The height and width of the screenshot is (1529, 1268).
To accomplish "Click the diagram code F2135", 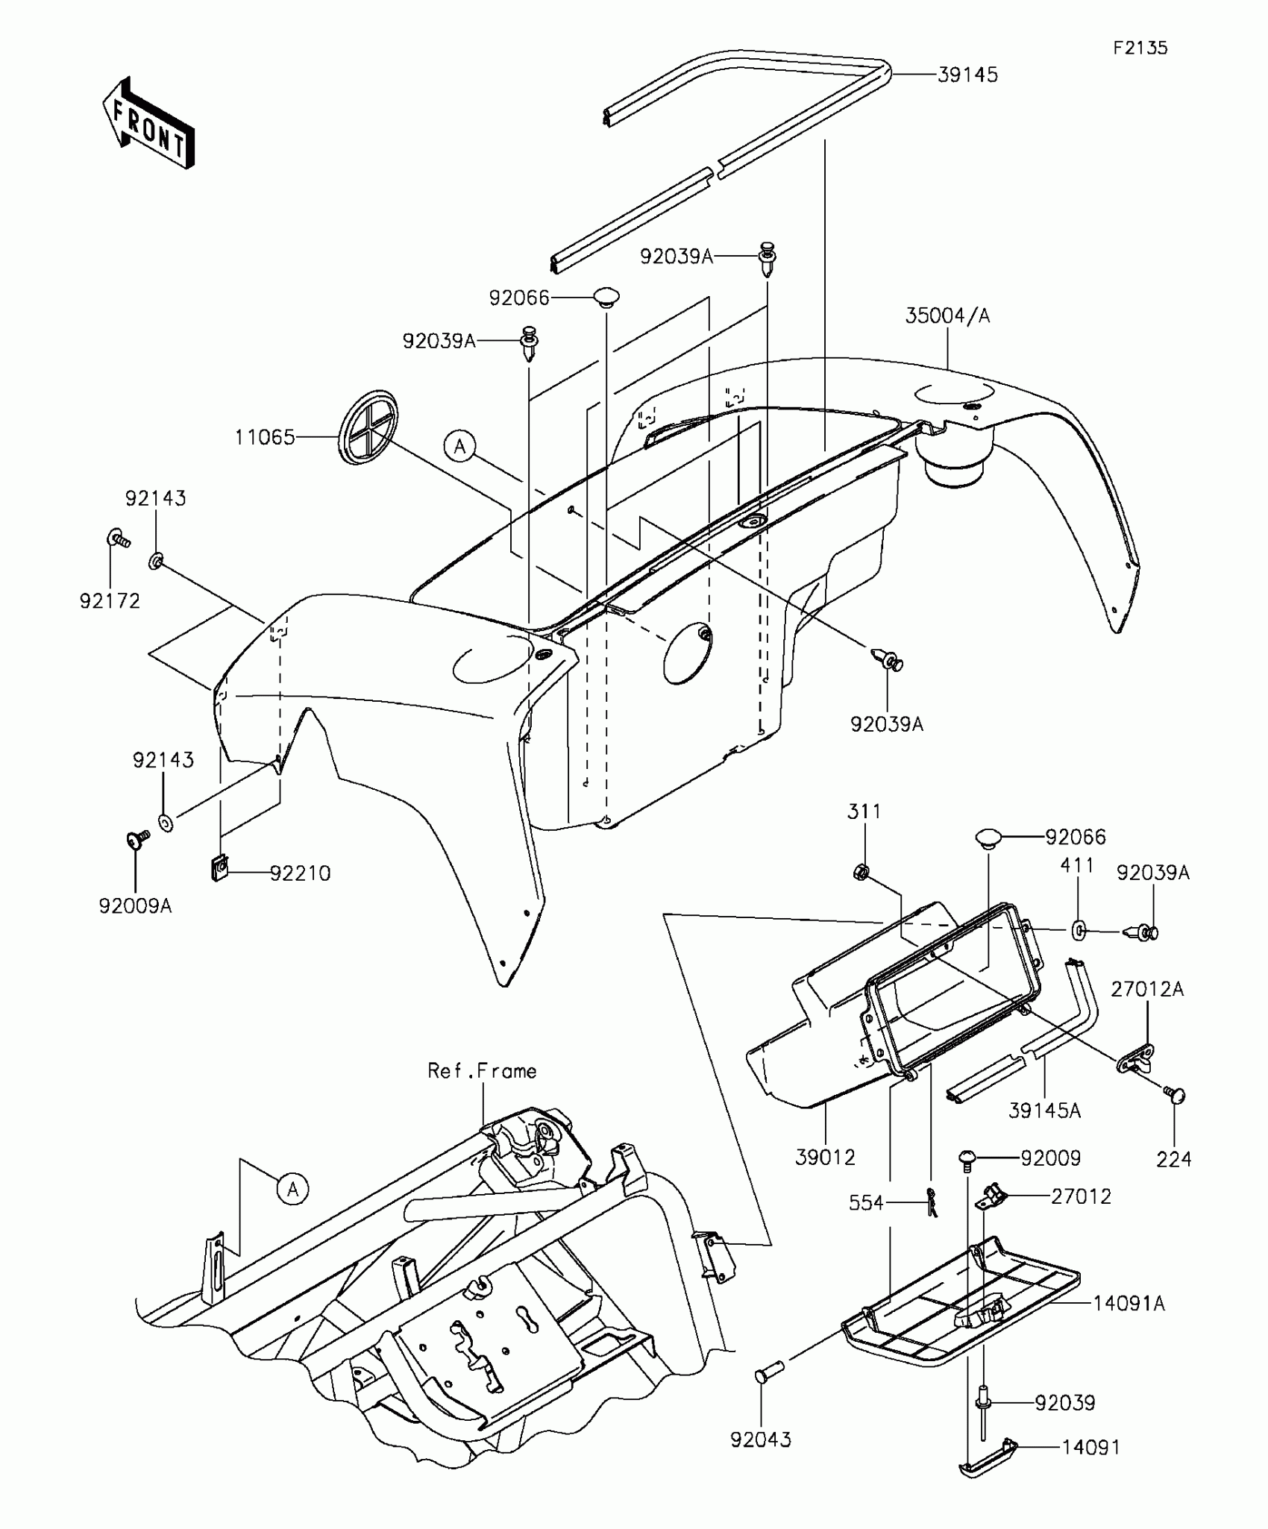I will pyautogui.click(x=1140, y=48).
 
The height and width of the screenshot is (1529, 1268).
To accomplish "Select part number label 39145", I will pyautogui.click(x=967, y=75).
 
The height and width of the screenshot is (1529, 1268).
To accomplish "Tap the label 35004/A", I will pyautogui.click(x=947, y=316).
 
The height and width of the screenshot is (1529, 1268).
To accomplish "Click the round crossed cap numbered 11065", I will pyautogui.click(x=368, y=427).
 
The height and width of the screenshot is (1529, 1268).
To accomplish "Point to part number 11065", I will pyautogui.click(x=265, y=437).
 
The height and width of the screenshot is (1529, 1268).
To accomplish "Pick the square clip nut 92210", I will pyautogui.click(x=219, y=868).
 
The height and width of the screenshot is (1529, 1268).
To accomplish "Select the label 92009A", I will pyautogui.click(x=135, y=905).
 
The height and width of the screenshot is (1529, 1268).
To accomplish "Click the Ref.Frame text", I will pyautogui.click(x=482, y=1071).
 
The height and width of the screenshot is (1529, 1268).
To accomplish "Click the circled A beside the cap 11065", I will pyautogui.click(x=459, y=446).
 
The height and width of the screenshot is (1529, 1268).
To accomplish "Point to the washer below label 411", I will pyautogui.click(x=1079, y=929).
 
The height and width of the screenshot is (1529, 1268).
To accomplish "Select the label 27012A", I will pyautogui.click(x=1147, y=989).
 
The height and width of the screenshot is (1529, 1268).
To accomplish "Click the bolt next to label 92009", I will pyautogui.click(x=967, y=1158).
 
